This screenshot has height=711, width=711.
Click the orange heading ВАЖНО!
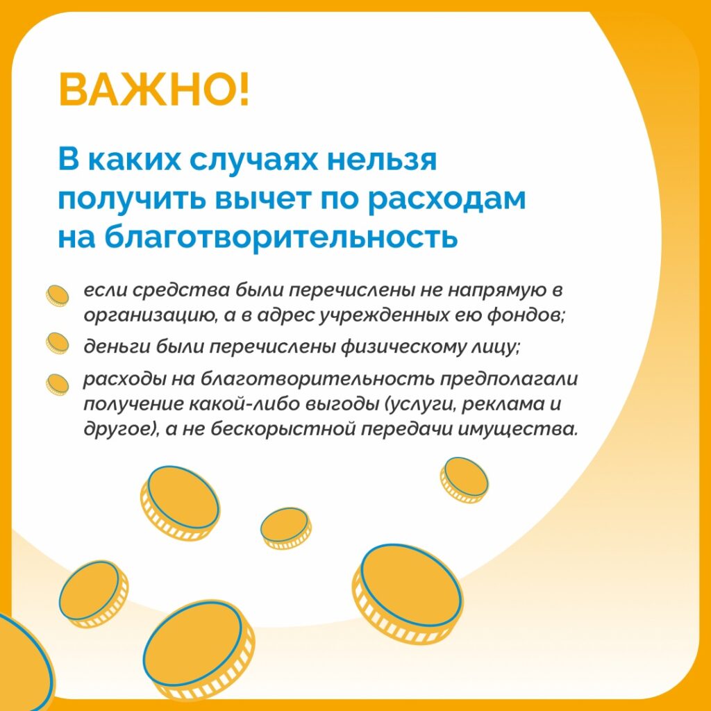pos(153,90)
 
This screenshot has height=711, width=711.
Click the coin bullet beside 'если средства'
pos(57,296)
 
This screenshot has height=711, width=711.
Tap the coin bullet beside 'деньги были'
pos(57,343)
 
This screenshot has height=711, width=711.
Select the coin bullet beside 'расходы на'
pos(57,385)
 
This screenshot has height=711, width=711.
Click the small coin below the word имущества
pos(464,480)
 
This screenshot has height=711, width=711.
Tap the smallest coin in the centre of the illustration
pos(285,528)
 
